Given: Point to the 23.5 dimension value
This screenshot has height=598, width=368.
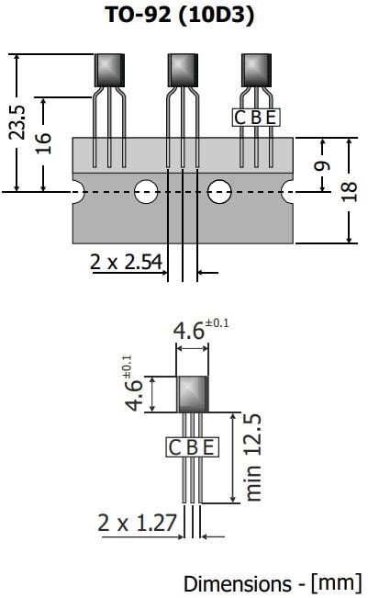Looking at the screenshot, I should coord(17,120).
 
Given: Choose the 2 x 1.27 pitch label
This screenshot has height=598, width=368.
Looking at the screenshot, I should coord(137,523).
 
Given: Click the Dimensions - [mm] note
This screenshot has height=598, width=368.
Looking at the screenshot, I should coord(273,582).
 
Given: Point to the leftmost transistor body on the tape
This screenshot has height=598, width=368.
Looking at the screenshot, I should coord(109,69).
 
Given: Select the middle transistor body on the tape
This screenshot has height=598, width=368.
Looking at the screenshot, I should coord(184,70).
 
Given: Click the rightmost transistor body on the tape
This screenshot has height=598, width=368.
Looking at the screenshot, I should coord(256,69).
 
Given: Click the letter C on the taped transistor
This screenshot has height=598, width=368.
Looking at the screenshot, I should coord(240,117).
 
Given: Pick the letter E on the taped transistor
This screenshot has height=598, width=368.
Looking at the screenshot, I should coord(271,117).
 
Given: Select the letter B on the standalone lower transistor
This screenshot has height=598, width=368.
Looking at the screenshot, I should coord(193,447).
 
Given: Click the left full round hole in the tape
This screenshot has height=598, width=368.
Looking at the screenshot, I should coord(144,191).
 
